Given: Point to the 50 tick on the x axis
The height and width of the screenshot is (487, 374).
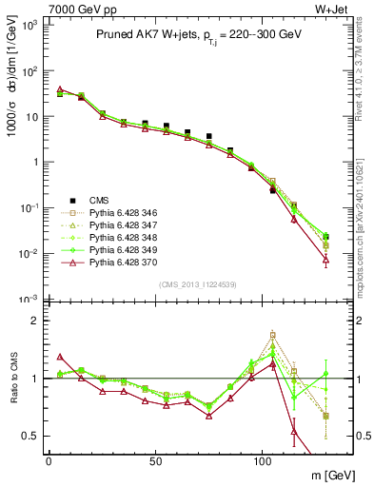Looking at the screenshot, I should click(155, 460).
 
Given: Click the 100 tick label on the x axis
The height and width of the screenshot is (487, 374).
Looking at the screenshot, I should click(262, 460).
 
